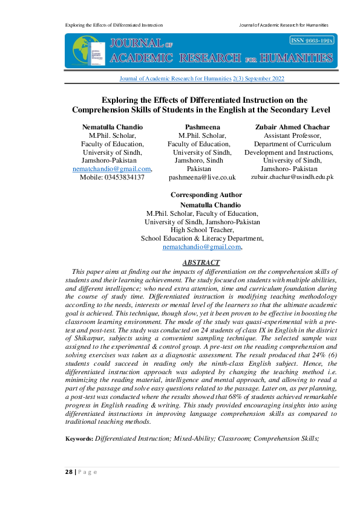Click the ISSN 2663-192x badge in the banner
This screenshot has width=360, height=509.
pos(312,40)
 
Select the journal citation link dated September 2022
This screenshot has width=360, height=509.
pos(201,79)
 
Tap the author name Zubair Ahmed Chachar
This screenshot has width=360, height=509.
pos(292,127)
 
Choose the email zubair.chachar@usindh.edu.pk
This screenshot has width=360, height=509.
pos(292,178)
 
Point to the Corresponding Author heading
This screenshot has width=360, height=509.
pos(206,195)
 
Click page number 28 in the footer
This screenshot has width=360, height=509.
pos(70,472)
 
